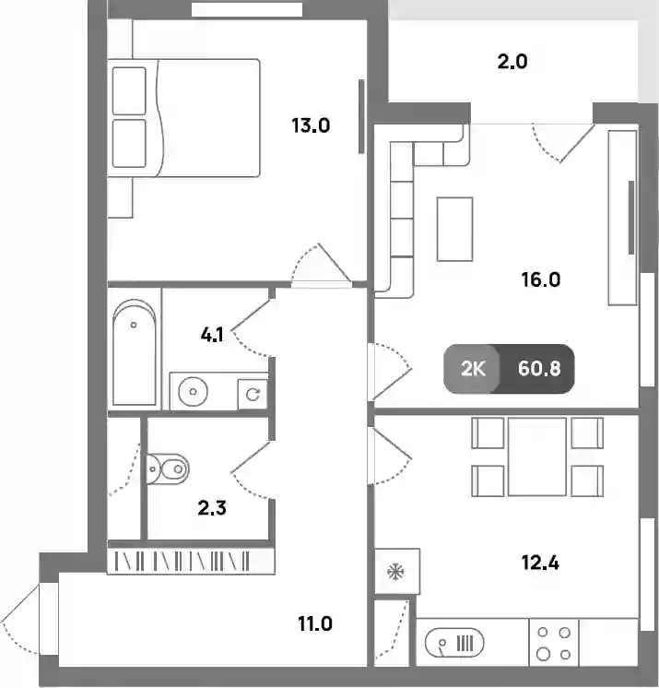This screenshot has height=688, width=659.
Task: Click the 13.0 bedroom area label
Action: click(311, 126)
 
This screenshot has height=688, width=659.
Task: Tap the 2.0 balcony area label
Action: click(512, 62)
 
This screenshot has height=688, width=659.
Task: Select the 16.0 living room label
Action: click(541, 279)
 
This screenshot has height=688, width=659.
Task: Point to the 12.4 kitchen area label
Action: click(540, 563)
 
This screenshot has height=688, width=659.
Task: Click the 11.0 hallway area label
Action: click(315, 623)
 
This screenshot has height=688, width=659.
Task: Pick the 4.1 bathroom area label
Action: click(212, 335)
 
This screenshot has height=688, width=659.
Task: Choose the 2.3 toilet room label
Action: click(212, 508)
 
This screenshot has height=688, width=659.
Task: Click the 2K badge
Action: click(473, 369)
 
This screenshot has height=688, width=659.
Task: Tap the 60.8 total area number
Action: click(539, 369)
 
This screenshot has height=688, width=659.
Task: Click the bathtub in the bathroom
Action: click(135, 352)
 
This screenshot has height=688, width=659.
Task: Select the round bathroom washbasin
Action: click(193, 391)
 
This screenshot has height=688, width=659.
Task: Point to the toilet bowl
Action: click(168, 469)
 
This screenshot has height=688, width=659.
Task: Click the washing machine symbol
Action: click(253, 395)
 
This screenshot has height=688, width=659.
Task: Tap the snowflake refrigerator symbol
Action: click(395, 571)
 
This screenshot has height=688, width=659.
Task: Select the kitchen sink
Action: click(454, 643)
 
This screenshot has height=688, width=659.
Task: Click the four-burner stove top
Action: click(554, 643)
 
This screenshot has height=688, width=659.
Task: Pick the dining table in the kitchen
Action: click(537, 457)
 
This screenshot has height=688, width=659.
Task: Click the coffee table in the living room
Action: click(454, 229)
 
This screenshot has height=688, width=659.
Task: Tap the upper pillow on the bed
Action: click(129, 90)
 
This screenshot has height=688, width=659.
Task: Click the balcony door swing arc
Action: click(543, 148)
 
